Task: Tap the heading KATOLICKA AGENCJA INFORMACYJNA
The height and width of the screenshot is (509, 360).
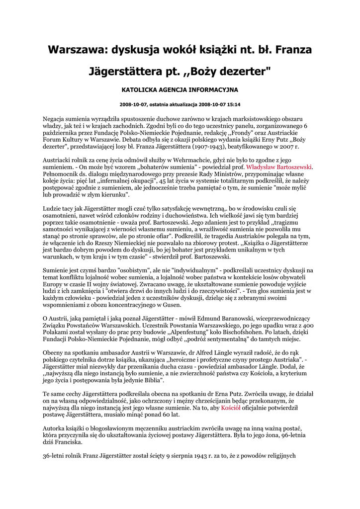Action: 180,90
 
